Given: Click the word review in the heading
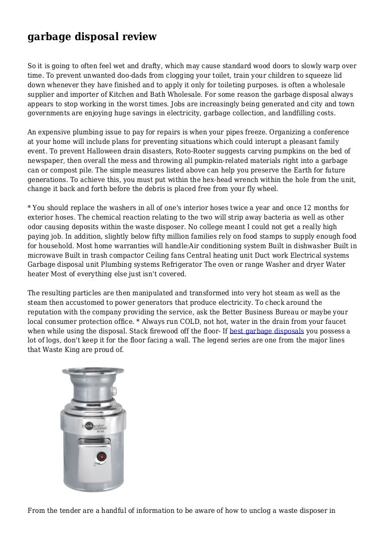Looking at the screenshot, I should coord(135,37).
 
